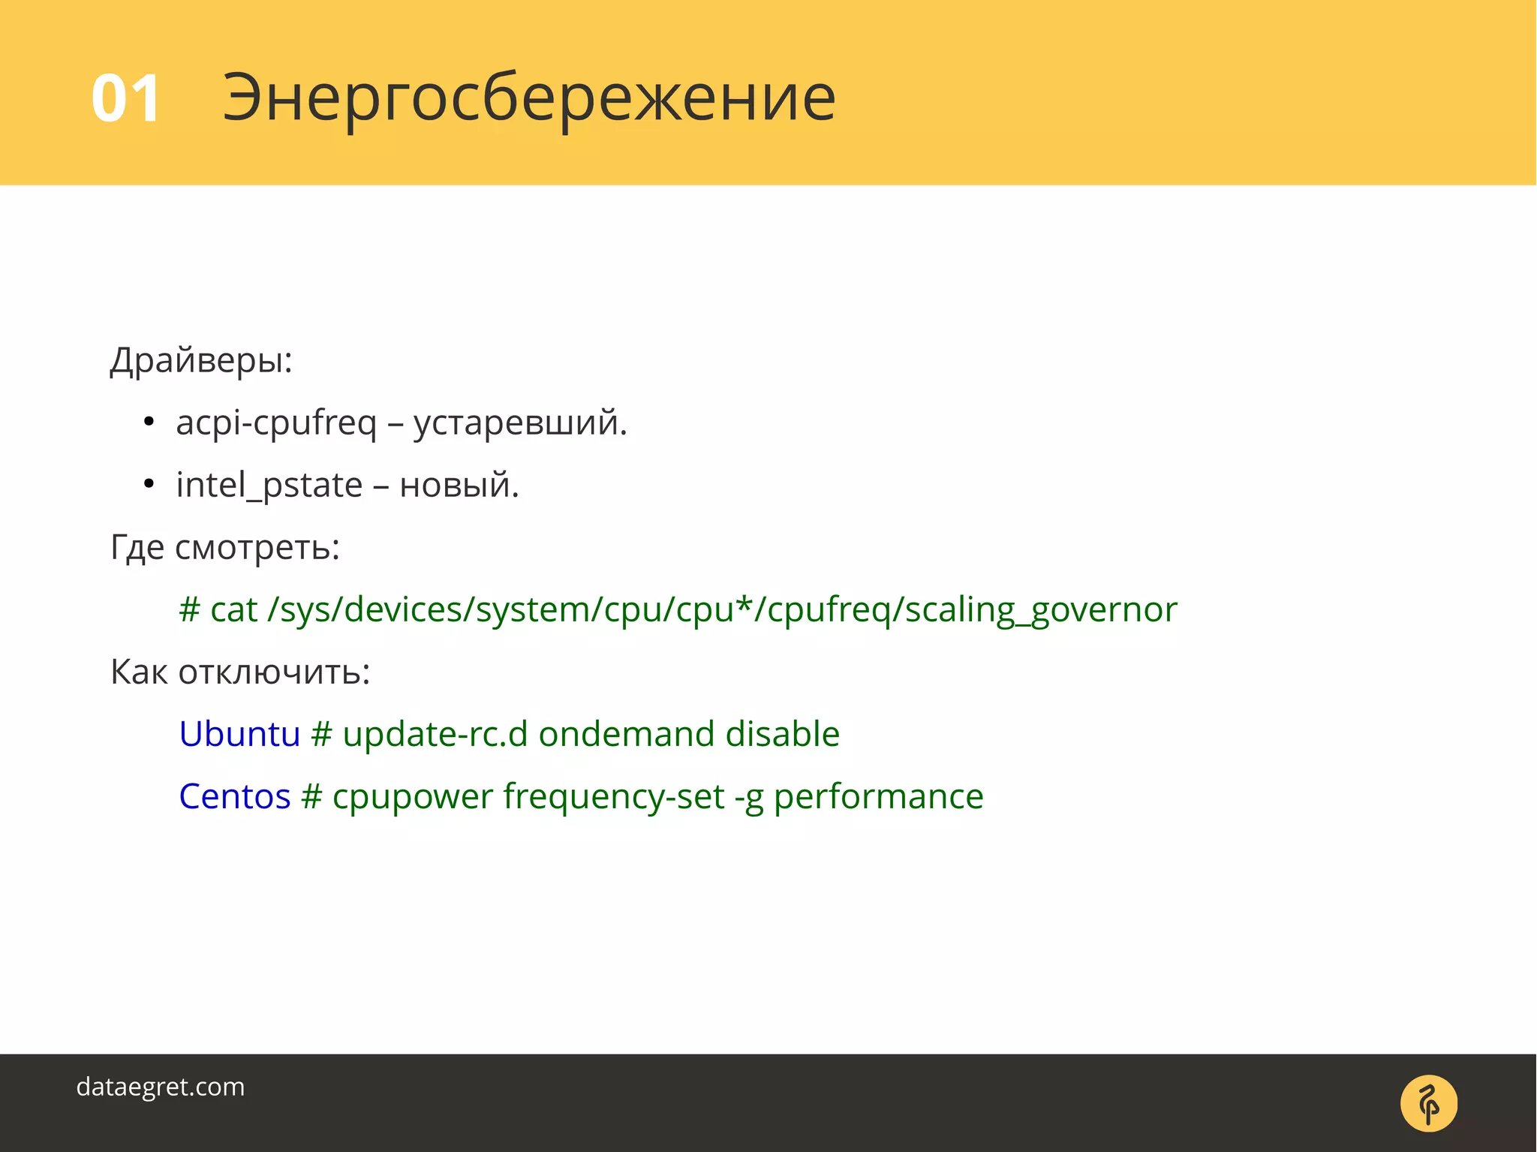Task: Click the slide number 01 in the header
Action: (125, 98)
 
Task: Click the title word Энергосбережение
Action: (528, 98)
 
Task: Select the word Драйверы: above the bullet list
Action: (201, 360)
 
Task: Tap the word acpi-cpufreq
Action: (276, 423)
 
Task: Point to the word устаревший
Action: (519, 423)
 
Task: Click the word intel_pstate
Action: (269, 485)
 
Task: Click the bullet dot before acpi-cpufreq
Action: (149, 423)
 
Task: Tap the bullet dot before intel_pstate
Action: (149, 485)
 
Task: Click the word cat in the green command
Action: (233, 609)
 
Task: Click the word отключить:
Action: (274, 672)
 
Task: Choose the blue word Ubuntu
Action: (239, 734)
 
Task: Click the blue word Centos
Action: (234, 796)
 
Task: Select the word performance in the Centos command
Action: (878, 796)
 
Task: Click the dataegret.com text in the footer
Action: (161, 1087)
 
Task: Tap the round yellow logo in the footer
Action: (1428, 1103)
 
